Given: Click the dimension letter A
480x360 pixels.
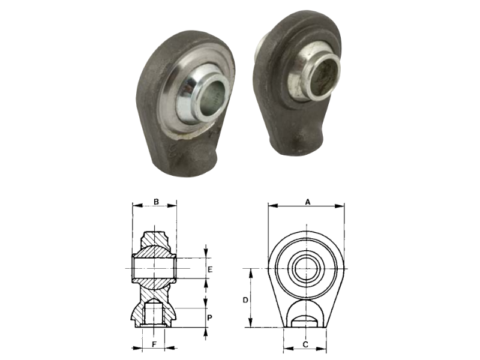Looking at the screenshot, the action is [308, 202].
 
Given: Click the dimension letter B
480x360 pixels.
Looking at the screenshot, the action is [156, 202].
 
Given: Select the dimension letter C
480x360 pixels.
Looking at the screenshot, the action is [305, 344].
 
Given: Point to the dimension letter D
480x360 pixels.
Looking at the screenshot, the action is [245, 301].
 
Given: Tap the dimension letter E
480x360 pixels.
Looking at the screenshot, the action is [210, 269].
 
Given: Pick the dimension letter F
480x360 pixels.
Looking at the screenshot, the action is [155, 344].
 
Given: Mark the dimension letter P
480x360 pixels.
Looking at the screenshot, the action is [209, 318].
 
